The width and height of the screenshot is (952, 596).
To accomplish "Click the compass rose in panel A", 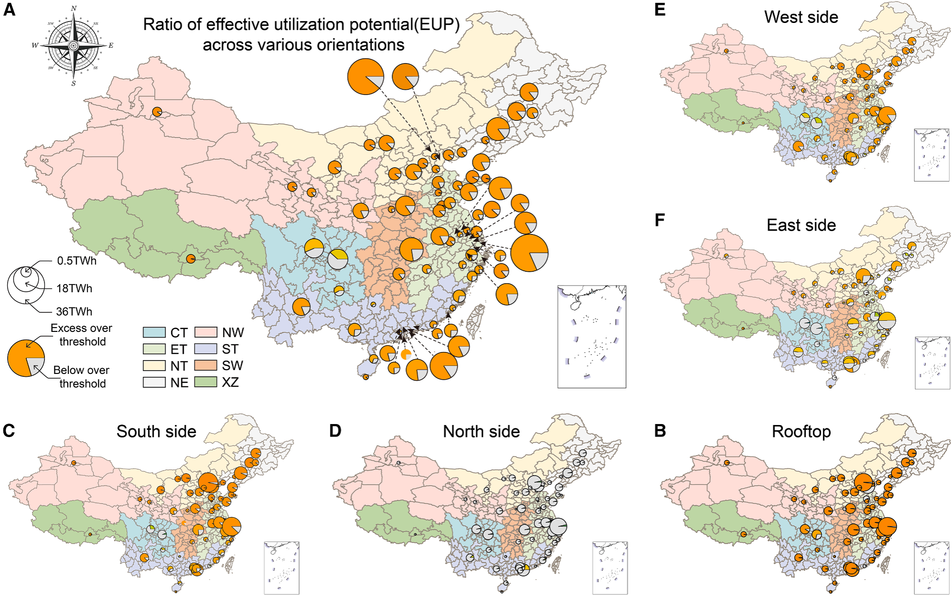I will pos(73,45).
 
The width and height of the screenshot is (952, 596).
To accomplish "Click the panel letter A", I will pos(9,10).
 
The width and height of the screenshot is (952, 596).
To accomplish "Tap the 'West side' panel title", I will pos(801,17).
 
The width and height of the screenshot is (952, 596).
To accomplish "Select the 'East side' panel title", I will pos(801,225).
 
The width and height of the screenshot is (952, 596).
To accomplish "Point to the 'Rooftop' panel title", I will pos(801,431).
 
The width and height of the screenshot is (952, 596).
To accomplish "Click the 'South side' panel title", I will pos(156,431).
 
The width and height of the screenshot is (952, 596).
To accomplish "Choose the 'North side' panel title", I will pos(481,431).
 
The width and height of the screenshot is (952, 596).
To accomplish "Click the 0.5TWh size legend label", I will pos(76,261).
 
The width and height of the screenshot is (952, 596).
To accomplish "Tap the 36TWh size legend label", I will pos(74,311).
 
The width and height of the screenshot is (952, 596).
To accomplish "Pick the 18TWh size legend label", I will pos(74,288).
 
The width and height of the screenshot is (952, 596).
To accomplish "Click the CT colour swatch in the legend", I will pos(154,332).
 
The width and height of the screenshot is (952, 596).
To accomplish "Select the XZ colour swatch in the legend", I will pos(205,382).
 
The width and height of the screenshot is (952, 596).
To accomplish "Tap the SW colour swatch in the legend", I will pos(205,366).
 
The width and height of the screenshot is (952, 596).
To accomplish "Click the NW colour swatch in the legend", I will pos(205,332).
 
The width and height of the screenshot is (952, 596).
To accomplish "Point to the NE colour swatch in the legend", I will pos(154,382).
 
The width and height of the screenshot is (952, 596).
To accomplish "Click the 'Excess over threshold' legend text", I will pos(82,335).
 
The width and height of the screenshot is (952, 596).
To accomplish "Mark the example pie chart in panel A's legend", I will pos(26,358).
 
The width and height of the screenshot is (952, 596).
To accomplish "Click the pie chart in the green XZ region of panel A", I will pos(191,259).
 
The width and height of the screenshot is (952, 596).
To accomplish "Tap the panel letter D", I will pos(335,431).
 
